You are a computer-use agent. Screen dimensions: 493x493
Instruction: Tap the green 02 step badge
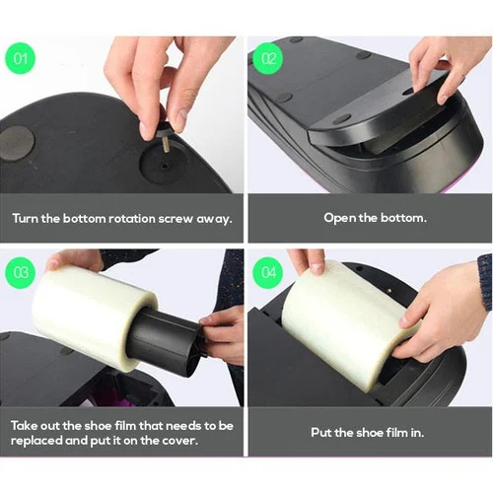(268, 58)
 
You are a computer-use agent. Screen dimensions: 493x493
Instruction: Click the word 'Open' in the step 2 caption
(340, 218)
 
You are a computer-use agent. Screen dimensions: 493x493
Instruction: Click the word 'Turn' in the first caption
(28, 218)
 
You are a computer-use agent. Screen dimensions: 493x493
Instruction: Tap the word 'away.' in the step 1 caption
(216, 218)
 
